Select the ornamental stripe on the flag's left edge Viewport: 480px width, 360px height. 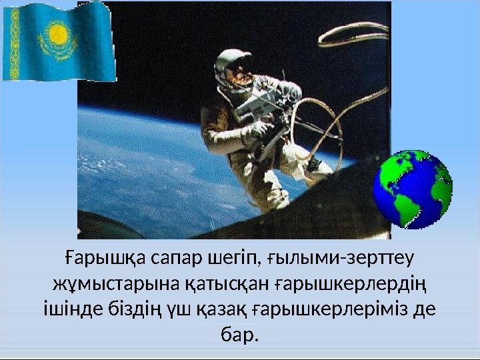pyautogui.click(x=9, y=43)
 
